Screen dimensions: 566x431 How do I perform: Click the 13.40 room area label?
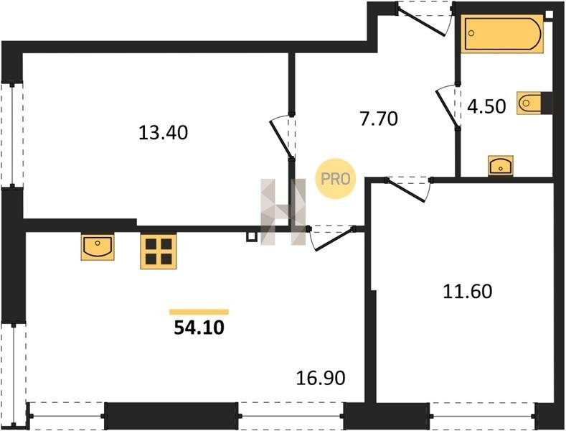click(x=163, y=133)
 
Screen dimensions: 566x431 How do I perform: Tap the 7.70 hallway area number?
click(x=379, y=119)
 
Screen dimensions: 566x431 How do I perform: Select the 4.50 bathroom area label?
click(x=486, y=106)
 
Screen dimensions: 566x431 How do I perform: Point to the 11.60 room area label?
click(x=468, y=292)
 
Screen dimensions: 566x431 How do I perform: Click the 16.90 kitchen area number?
click(x=321, y=379)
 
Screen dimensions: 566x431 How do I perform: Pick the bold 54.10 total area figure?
click(x=199, y=328)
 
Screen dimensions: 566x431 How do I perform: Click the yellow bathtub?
click(x=502, y=34)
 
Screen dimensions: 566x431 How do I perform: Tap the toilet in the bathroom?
click(x=529, y=103)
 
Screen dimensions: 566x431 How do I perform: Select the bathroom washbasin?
click(x=500, y=166)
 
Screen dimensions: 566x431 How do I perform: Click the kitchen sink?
click(x=98, y=247)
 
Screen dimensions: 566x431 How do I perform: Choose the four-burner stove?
click(x=159, y=251)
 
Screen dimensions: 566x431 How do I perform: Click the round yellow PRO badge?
click(x=335, y=179)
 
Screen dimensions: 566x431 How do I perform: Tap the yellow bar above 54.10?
click(x=199, y=312)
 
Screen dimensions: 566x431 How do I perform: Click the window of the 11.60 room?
click(x=483, y=416)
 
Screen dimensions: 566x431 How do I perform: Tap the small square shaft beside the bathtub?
click(x=549, y=15)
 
